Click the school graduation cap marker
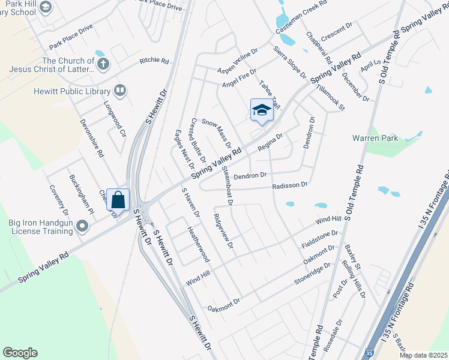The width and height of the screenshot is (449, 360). (261, 110)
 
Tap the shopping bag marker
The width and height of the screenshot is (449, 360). (118, 200)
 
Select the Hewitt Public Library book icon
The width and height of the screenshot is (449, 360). (120, 91)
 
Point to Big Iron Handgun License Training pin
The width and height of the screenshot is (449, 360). (82, 227)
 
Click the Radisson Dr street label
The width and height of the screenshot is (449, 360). (289, 185)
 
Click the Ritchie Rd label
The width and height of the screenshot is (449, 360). (154, 60)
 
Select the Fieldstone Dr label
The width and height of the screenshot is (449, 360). (321, 239)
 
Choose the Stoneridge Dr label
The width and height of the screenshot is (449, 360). (312, 272)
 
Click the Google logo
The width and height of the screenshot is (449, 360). (20, 353)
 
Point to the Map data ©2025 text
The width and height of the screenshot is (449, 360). (423, 355)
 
